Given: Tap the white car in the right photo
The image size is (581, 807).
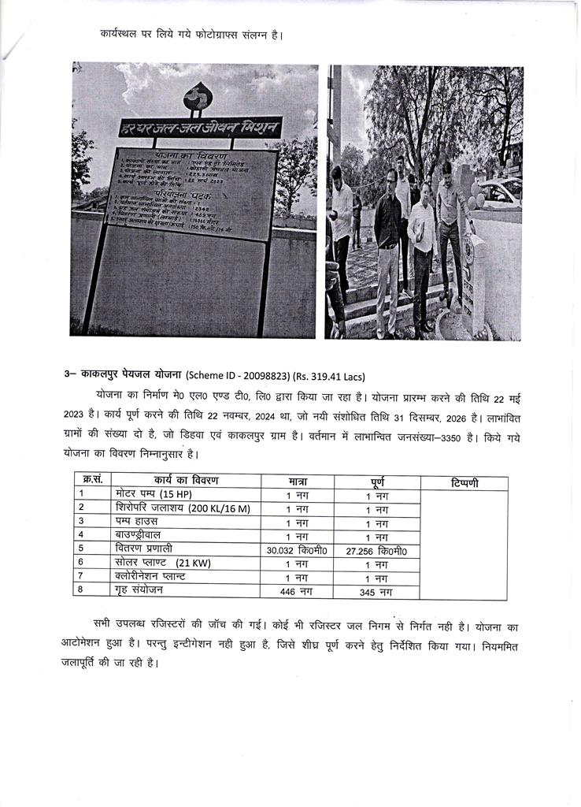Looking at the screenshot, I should tap(500, 191).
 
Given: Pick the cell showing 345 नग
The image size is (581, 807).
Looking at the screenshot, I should tap(378, 591).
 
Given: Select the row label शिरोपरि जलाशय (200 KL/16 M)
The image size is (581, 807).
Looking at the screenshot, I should tap(176, 508).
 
